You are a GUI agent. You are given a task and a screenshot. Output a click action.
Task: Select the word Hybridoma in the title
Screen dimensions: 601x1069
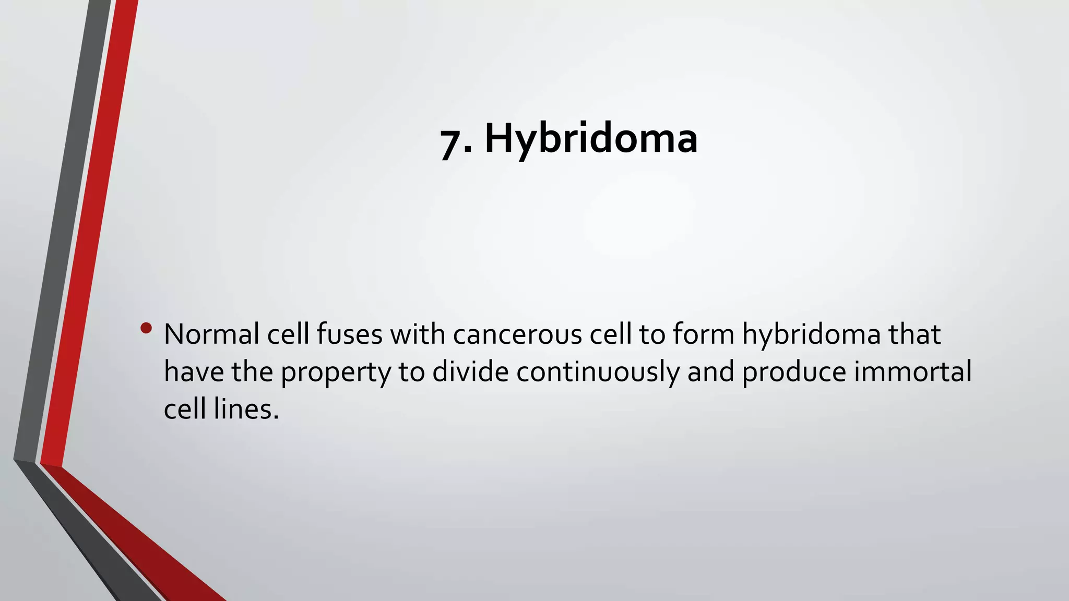pyautogui.click(x=591, y=139)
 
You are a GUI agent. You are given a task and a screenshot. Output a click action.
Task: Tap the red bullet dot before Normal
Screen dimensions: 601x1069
pyautogui.click(x=146, y=328)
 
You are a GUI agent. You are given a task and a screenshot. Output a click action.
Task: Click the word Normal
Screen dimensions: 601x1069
pyautogui.click(x=211, y=334)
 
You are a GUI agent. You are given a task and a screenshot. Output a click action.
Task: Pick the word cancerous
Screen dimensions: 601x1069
pyautogui.click(x=517, y=334)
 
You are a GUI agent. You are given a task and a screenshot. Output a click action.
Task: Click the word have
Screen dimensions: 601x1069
pyautogui.click(x=194, y=372)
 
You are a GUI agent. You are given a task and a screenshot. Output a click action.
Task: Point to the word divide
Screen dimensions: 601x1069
pyautogui.click(x=470, y=372)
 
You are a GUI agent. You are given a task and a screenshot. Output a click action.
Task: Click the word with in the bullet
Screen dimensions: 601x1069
pyautogui.click(x=418, y=334)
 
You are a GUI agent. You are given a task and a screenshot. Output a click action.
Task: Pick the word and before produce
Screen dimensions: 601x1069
pyautogui.click(x=710, y=372)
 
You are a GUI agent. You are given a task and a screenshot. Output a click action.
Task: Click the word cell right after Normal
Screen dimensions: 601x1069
pyautogui.click(x=288, y=334)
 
